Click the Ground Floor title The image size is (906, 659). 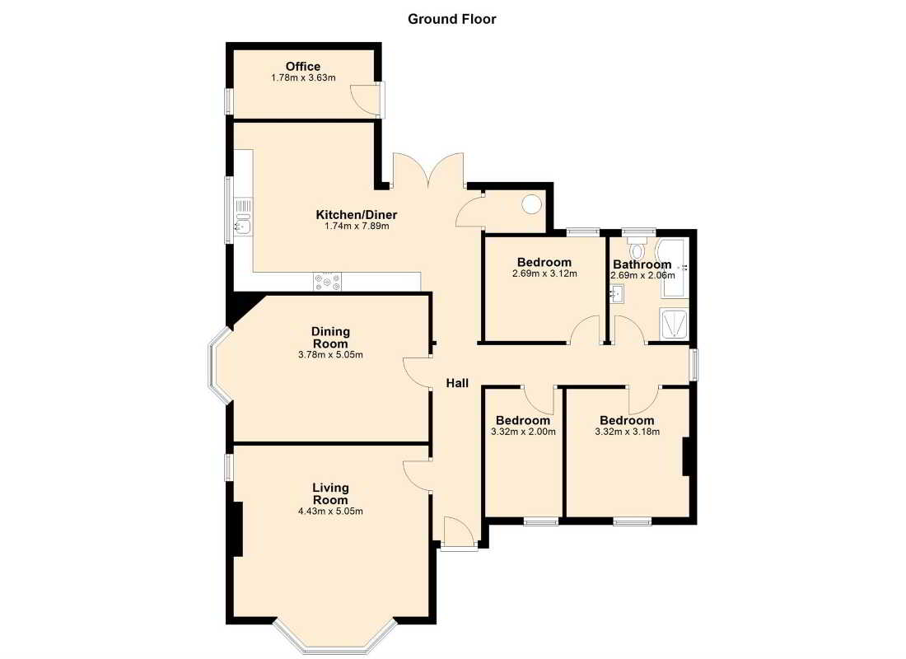(x=452, y=19)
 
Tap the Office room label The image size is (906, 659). (x=303, y=67)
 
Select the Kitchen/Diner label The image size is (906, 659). (x=357, y=215)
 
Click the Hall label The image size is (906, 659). (x=457, y=383)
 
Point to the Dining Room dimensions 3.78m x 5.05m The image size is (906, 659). (x=330, y=355)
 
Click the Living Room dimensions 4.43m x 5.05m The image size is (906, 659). (x=330, y=511)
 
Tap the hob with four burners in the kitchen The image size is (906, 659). (x=327, y=282)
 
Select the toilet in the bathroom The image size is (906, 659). (x=637, y=249)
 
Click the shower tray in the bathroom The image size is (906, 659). (x=675, y=325)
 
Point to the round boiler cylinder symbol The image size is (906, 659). (x=531, y=204)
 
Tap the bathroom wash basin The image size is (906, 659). (x=617, y=295)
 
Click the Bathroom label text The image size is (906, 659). (x=642, y=264)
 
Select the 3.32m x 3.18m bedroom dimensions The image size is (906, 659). (x=627, y=432)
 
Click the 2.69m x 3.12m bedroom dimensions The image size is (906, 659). (x=544, y=274)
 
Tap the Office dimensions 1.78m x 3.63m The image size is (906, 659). (x=303, y=77)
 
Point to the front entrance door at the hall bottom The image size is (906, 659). (x=460, y=532)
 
